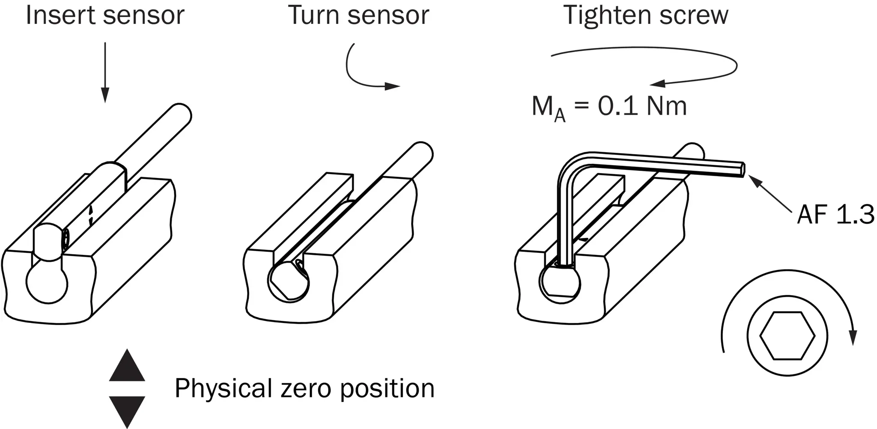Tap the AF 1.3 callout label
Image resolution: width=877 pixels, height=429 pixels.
[x=835, y=214]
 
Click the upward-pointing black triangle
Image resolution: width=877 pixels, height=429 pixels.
[x=127, y=365]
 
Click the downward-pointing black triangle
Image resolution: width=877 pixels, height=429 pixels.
[x=127, y=411]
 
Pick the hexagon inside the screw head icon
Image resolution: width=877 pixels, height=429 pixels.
[x=787, y=335]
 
